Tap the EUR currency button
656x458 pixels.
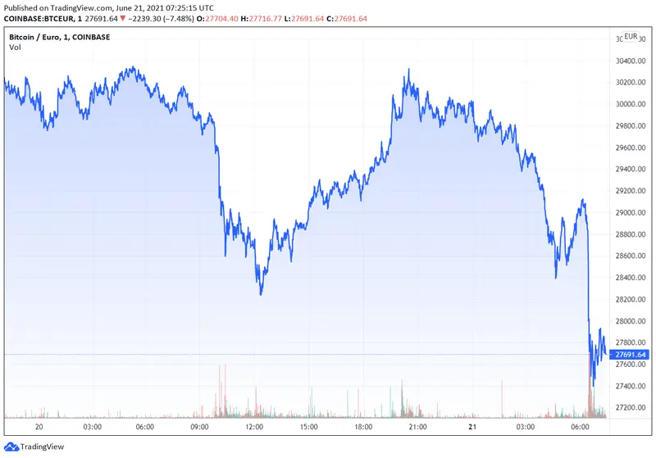[x=631, y=37]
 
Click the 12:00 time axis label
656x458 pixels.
[x=254, y=427]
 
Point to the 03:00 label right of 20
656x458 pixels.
[x=92, y=427]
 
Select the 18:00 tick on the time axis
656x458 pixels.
[x=362, y=427]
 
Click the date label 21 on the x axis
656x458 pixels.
[x=471, y=427]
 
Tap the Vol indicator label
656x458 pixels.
[x=15, y=48]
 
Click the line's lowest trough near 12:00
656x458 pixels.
[x=261, y=293]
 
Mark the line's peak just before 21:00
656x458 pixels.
[x=408, y=71]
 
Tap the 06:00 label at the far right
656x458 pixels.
[x=579, y=427]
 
